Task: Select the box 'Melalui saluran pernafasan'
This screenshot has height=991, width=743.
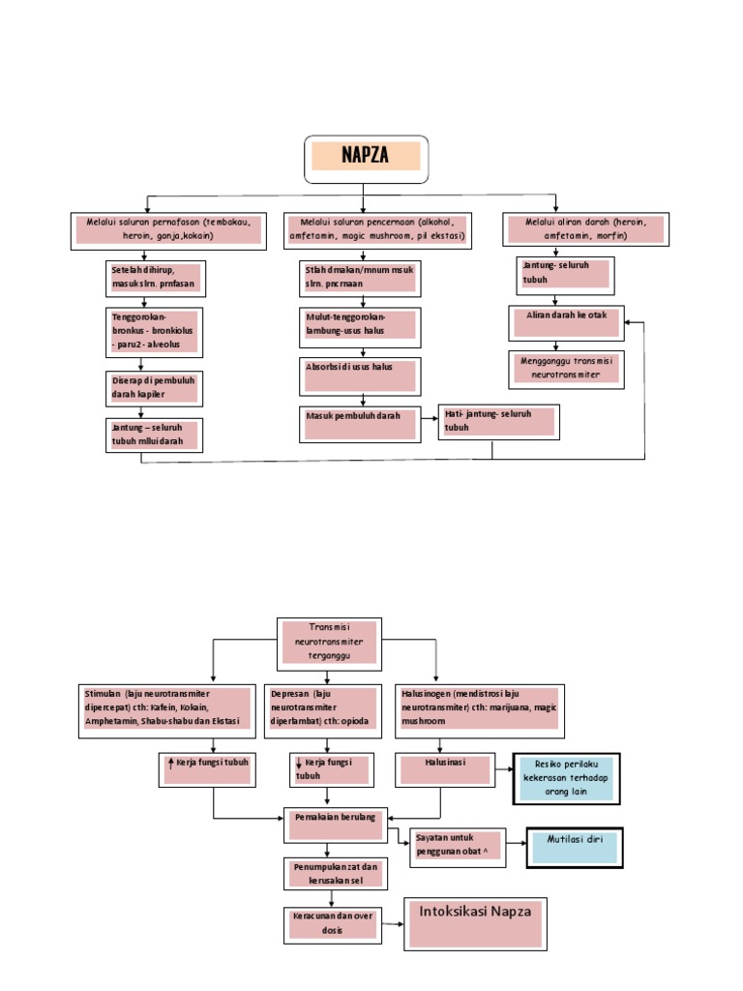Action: pyautogui.click(x=168, y=229)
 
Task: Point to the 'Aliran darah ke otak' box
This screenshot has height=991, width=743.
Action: pyautogui.click(x=566, y=322)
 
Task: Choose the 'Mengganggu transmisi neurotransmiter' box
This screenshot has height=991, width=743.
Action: pyautogui.click(x=566, y=368)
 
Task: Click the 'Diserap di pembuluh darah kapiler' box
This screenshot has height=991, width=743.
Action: pyautogui.click(x=155, y=387)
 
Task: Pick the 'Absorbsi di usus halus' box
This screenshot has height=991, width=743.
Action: pyautogui.click(x=359, y=375)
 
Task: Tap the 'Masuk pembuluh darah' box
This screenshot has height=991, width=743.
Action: pyautogui.click(x=359, y=422)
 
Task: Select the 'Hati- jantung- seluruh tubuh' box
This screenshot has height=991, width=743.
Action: pyautogui.click(x=497, y=422)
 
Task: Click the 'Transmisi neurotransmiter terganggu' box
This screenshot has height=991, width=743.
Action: pyautogui.click(x=329, y=643)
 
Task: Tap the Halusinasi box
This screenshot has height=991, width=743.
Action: pyautogui.click(x=445, y=768)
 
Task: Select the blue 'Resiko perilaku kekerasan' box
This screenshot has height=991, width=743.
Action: pyautogui.click(x=566, y=777)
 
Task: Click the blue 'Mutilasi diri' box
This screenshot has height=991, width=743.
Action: pyautogui.click(x=575, y=847)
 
